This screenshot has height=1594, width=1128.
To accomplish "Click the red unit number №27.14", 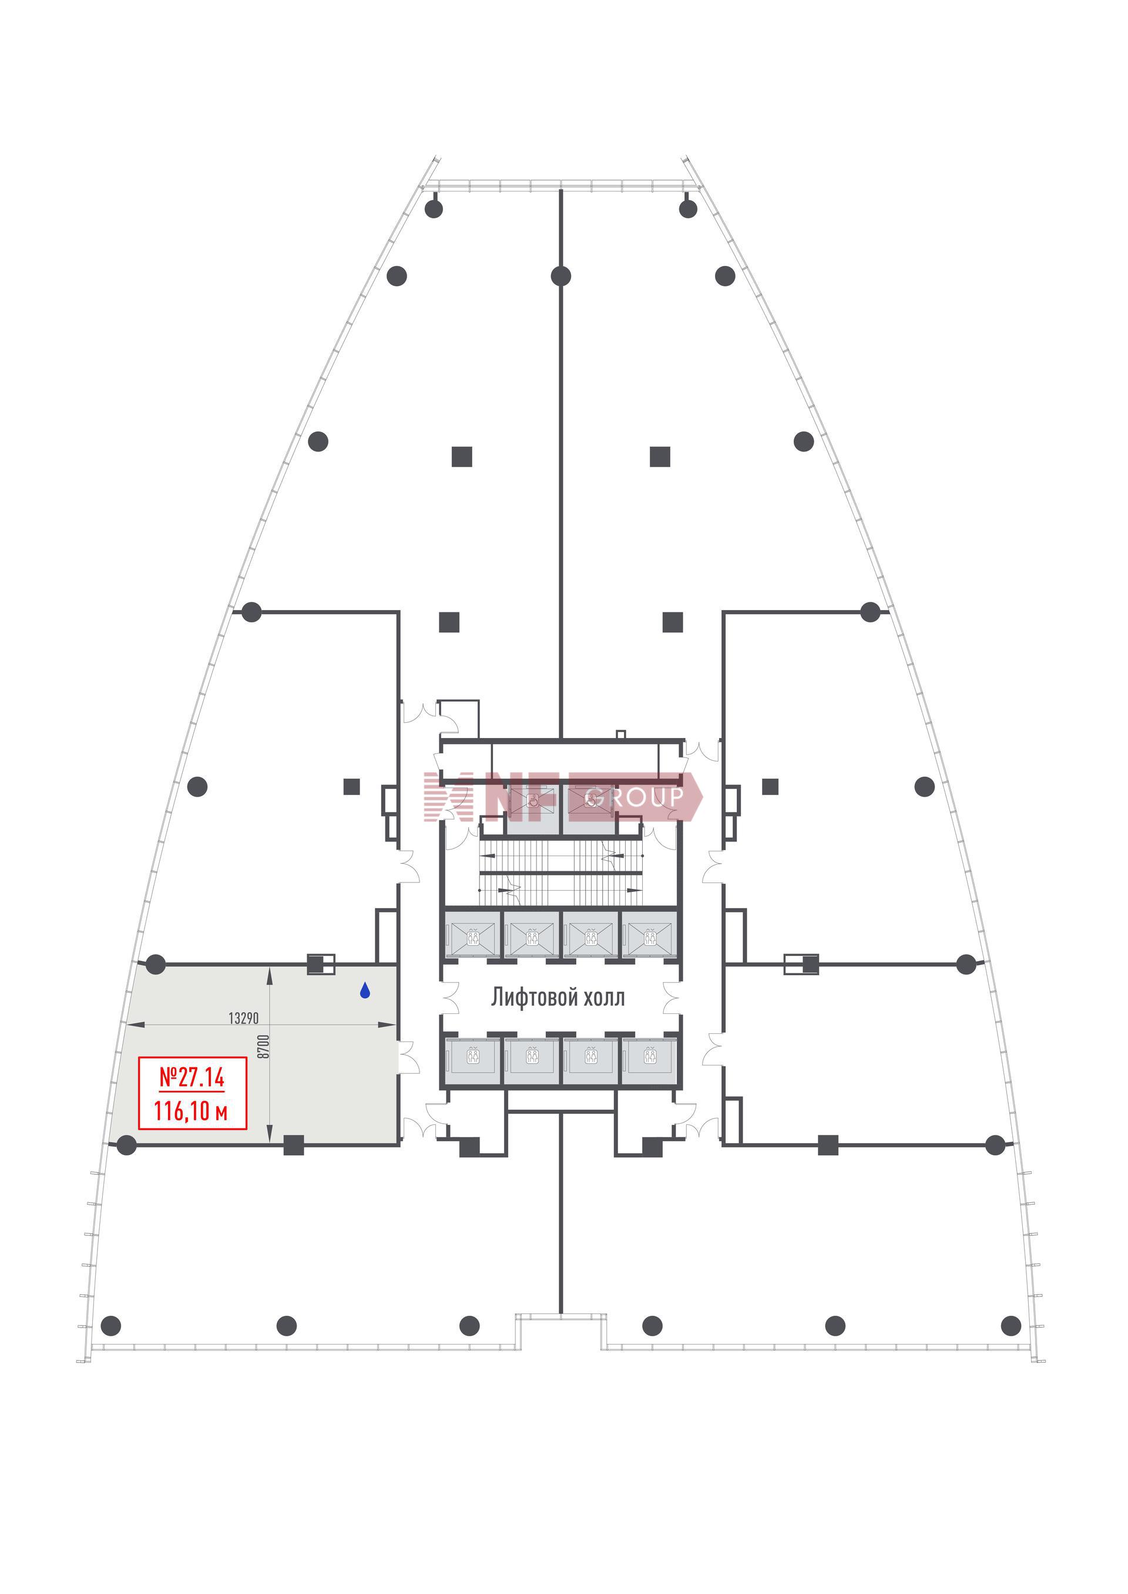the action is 192,1077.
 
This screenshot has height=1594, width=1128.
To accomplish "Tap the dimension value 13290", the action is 243,1018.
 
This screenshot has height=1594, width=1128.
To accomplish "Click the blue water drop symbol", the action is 365,990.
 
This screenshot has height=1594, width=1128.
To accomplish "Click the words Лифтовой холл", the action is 558,997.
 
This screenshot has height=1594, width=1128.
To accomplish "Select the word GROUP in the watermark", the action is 636,798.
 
